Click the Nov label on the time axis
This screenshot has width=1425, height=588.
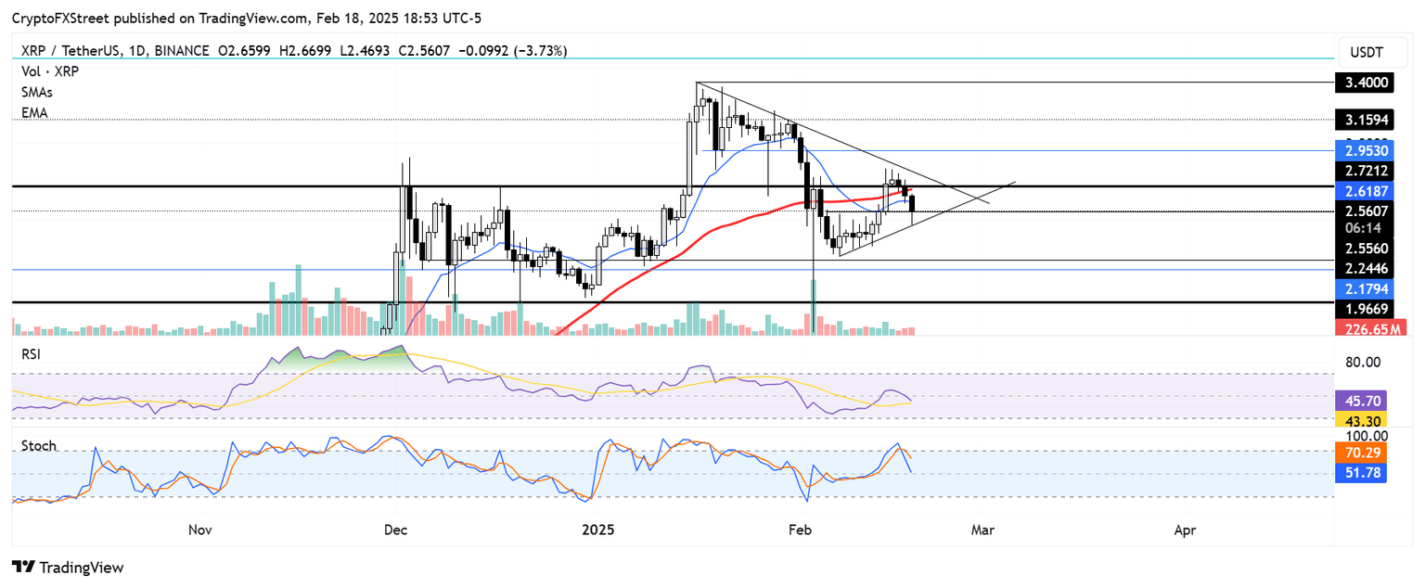pos(200,530)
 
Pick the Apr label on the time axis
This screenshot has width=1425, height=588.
pos(1185,530)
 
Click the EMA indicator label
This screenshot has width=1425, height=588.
pos(34,112)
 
